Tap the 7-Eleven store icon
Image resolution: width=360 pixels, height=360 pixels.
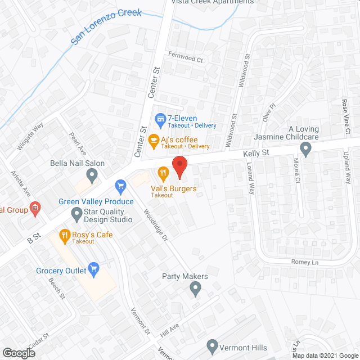(160, 119)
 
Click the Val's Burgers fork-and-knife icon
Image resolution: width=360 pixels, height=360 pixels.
(164, 173)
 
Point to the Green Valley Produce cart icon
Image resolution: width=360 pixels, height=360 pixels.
(120, 185)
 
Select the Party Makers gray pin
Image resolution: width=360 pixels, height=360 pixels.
(195, 290)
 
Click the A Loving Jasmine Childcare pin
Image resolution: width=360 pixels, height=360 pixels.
(306, 149)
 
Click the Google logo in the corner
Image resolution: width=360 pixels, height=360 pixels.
(18, 353)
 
